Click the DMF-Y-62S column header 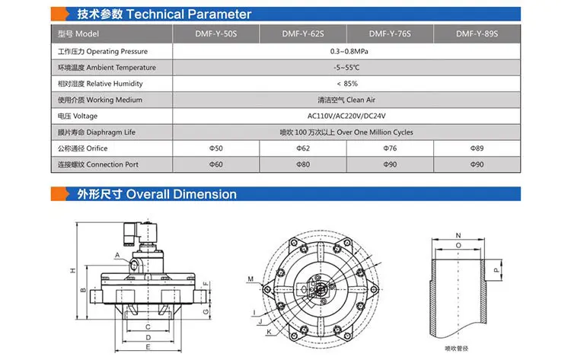pyautogui.click(x=302, y=33)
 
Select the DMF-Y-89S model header pyautogui.click(x=477, y=33)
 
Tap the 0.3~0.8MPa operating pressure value pyautogui.click(x=349, y=51)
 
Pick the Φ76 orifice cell pyautogui.click(x=390, y=148)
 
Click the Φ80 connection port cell pyautogui.click(x=302, y=164)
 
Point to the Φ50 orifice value pyautogui.click(x=215, y=148)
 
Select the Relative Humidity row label pyautogui.click(x=100, y=84)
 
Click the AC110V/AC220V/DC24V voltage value pyautogui.click(x=346, y=116)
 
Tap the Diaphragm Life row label pyautogui.click(x=97, y=132)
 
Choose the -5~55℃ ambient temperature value pyautogui.click(x=346, y=68)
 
